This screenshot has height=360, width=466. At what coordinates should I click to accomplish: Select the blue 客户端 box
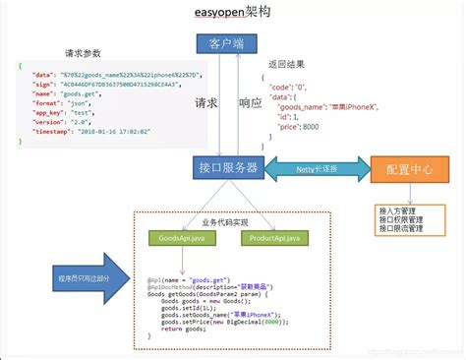(x=226, y=42)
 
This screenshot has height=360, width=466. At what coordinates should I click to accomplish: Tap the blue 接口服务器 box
(x=227, y=168)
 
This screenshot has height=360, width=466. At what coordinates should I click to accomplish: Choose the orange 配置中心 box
(x=401, y=168)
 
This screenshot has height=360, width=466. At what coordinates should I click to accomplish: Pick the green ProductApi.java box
(x=275, y=237)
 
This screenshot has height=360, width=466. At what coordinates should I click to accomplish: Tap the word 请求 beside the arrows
(x=206, y=101)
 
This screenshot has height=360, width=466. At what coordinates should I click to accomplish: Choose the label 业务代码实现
(x=224, y=222)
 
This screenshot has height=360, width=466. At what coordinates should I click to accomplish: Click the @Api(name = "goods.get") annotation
(x=190, y=278)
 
